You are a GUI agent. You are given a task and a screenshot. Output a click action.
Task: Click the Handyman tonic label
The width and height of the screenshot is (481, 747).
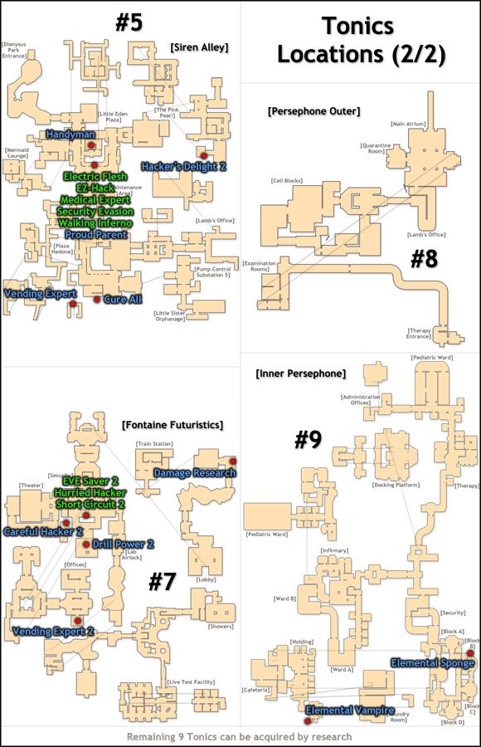pyautogui.click(x=70, y=134)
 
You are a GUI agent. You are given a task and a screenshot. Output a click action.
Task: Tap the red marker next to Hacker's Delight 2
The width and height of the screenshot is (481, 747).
pyautogui.click(x=202, y=155)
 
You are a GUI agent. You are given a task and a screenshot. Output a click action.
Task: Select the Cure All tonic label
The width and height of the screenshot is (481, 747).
pyautogui.click(x=123, y=300)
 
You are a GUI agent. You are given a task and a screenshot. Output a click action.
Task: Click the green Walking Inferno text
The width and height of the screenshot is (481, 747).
pyautogui.click(x=95, y=222)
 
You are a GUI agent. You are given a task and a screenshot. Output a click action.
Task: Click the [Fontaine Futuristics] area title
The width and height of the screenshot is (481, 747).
pyautogui.click(x=172, y=425)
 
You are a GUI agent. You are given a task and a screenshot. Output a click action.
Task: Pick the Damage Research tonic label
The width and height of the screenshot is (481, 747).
pyautogui.click(x=195, y=473)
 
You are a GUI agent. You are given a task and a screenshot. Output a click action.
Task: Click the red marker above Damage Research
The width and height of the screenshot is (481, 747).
pyautogui.click(x=233, y=461)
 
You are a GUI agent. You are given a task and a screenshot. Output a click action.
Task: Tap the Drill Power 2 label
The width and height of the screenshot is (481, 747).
pyautogui.click(x=124, y=544)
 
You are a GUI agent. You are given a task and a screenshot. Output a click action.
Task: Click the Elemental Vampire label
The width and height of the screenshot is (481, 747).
pyautogui.click(x=349, y=710)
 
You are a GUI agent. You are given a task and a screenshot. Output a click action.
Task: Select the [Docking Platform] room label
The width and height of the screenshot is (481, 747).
pyautogui.click(x=394, y=485)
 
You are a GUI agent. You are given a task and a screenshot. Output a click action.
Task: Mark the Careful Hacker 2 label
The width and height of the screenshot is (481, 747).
pyautogui.click(x=43, y=531)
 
